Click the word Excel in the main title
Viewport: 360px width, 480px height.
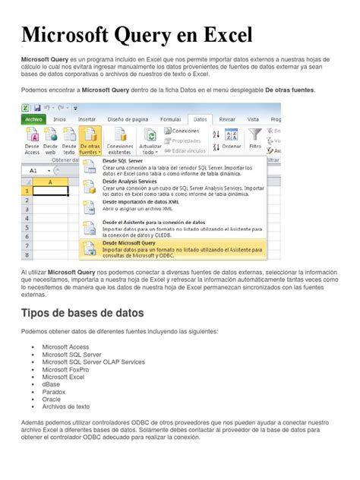coord(219,35)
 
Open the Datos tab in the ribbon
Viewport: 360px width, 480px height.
coord(200,119)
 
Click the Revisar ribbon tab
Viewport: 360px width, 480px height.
coord(226,119)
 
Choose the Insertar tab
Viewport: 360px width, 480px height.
coord(87,119)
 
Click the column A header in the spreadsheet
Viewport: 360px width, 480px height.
coord(50,182)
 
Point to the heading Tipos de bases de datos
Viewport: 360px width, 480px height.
coord(83,313)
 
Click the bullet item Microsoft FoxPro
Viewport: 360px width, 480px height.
coord(65,368)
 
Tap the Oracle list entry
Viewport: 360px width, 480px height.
coord(52,399)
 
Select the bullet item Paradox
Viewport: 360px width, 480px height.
coord(54,391)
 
